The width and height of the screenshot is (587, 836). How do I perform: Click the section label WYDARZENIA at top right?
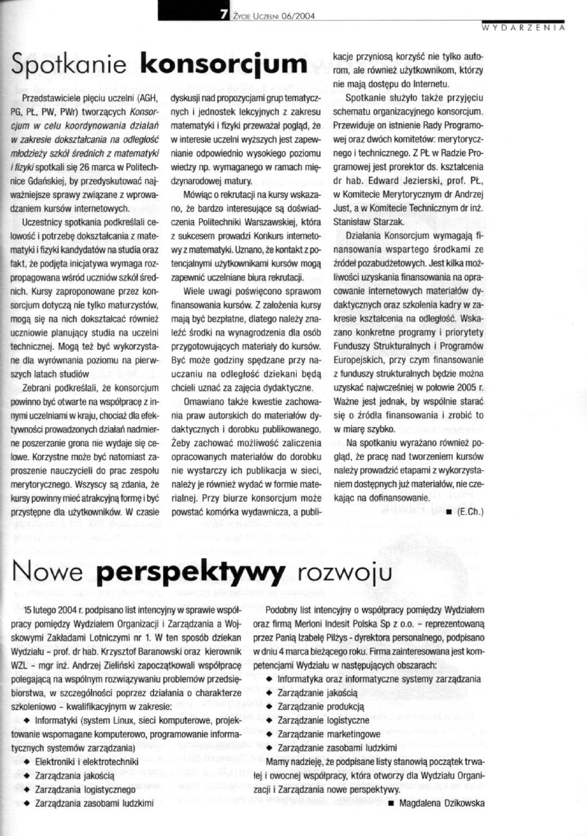(x=524, y=28)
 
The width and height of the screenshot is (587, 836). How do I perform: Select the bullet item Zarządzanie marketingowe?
(x=329, y=734)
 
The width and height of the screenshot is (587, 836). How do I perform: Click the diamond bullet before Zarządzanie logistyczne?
(x=269, y=720)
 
